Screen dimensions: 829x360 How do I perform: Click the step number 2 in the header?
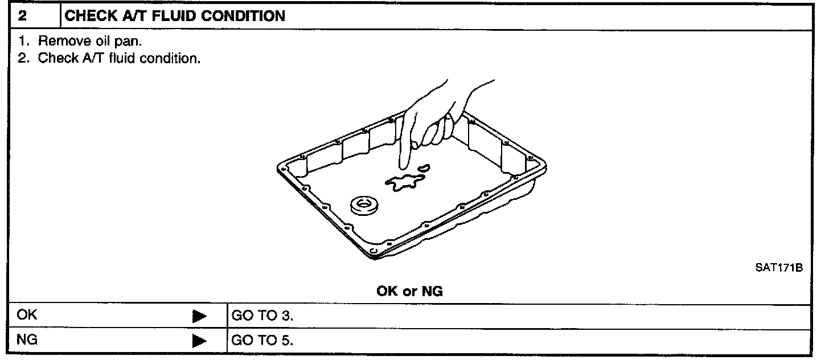click(x=22, y=16)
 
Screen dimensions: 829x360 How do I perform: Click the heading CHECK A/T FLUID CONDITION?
click(x=175, y=16)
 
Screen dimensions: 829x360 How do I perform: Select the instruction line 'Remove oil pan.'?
click(x=88, y=42)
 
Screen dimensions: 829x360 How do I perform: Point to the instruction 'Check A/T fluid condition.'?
click(x=119, y=59)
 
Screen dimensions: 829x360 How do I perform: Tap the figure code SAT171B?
click(x=779, y=267)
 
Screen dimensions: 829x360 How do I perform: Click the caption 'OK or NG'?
click(x=409, y=292)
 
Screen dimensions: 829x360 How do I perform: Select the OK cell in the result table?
click(x=28, y=315)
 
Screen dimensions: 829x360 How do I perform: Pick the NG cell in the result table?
click(x=27, y=341)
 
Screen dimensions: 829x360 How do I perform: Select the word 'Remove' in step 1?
click(x=58, y=42)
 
